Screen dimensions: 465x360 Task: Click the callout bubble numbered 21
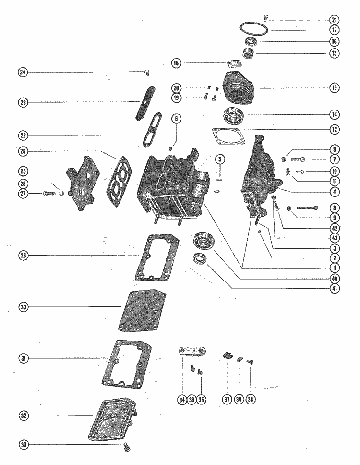(334, 20)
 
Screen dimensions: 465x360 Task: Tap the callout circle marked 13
(334, 88)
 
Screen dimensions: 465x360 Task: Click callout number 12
(334, 129)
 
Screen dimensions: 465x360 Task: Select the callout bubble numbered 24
(22, 73)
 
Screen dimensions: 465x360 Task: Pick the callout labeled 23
(22, 102)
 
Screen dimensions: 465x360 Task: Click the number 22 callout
(22, 134)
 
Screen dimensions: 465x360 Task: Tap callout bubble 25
(22, 171)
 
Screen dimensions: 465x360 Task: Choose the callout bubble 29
(22, 256)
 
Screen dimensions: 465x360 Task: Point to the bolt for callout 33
(127, 446)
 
